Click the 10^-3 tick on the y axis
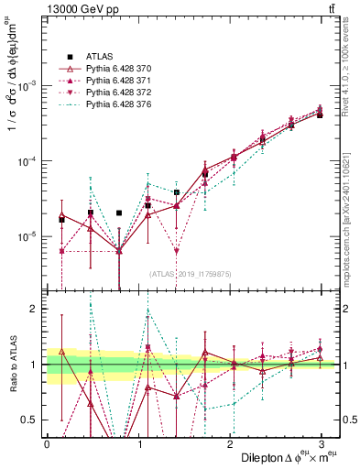(27, 85)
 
